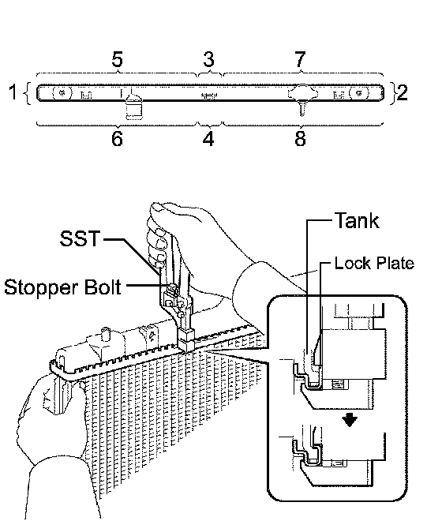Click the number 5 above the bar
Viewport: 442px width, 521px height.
point(117,59)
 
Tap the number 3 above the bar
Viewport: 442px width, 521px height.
point(208,59)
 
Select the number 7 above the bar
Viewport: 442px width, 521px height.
point(300,59)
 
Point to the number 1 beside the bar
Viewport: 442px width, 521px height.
point(13,92)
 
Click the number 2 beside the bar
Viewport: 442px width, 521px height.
point(402,92)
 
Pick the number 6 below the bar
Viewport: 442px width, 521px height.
point(117,138)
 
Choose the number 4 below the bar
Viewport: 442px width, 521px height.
point(208,138)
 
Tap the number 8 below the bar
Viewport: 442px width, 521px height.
point(300,138)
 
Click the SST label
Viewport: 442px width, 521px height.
point(80,238)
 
